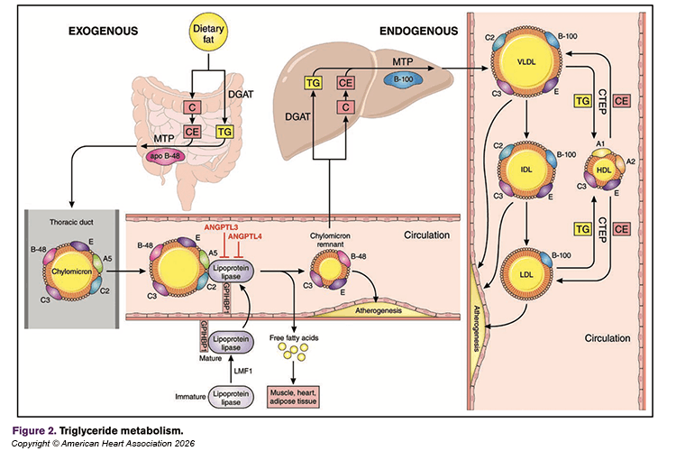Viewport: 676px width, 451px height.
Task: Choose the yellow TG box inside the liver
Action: (314, 84)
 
